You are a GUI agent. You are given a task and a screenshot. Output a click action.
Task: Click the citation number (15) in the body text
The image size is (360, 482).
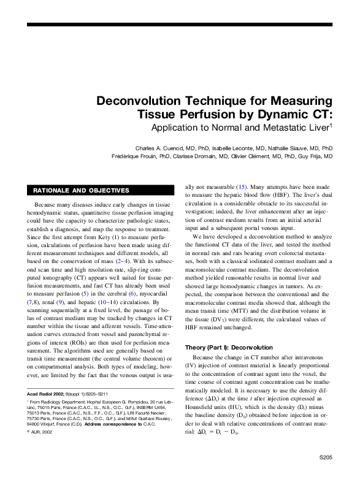click(242, 185)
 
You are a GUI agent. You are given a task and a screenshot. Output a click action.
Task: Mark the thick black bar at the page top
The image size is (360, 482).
click(179, 25)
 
